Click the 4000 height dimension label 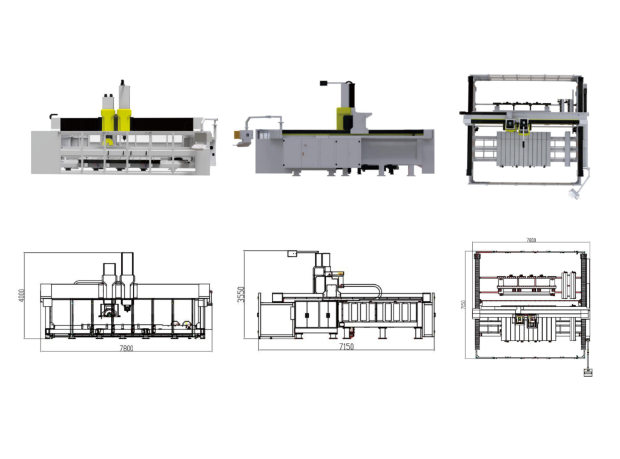[22, 296]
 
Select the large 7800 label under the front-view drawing [127, 348]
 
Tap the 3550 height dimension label [241, 295]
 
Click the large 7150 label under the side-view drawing [346, 347]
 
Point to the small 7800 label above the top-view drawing [531, 239]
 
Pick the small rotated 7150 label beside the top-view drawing [463, 305]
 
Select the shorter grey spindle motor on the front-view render [108, 102]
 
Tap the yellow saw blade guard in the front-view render [108, 141]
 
